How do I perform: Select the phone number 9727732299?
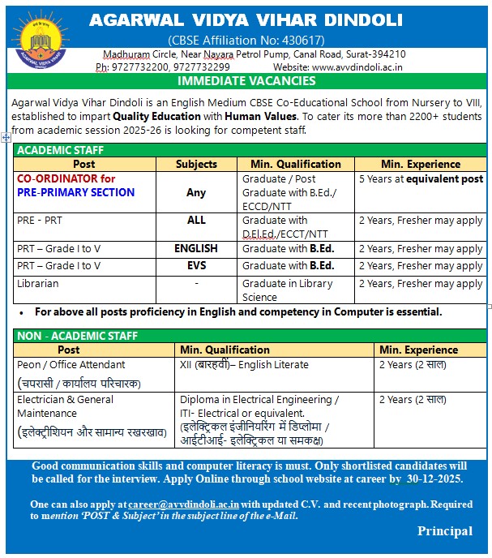click(x=202, y=67)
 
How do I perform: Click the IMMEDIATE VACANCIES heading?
click(x=246, y=81)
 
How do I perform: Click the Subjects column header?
click(x=196, y=164)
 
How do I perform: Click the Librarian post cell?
click(x=38, y=284)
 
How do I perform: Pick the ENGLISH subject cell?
click(x=196, y=249)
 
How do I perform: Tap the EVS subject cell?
click(x=196, y=266)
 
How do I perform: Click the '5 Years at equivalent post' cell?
click(x=421, y=179)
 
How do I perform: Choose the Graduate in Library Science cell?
click(x=288, y=290)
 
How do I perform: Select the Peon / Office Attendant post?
click(x=71, y=365)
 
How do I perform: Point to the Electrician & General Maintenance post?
click(x=66, y=406)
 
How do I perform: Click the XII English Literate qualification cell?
click(x=244, y=365)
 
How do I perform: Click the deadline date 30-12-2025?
click(x=437, y=479)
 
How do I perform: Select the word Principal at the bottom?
click(x=445, y=531)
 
